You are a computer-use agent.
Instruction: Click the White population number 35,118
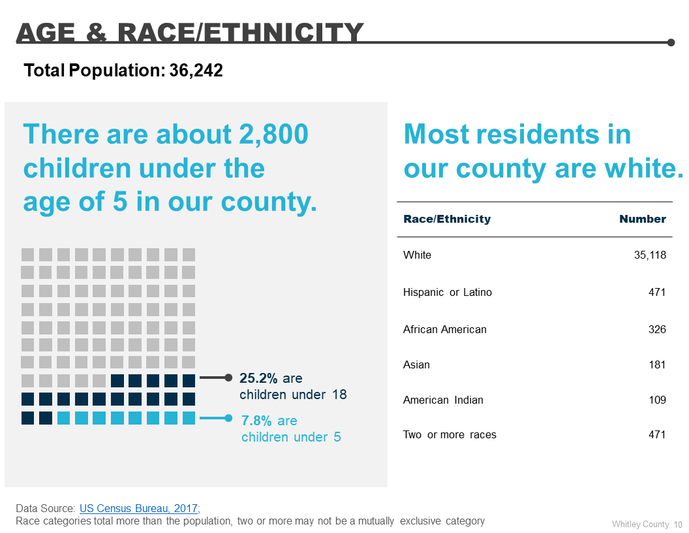[x=650, y=255]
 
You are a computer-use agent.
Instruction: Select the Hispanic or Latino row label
[x=448, y=292]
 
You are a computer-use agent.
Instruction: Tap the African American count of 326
[x=657, y=329]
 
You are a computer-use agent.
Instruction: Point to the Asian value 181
[x=657, y=364]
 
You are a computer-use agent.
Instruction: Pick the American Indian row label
[x=443, y=400]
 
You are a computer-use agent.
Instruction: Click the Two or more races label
[x=450, y=434]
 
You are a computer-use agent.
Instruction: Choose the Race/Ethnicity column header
[x=447, y=219]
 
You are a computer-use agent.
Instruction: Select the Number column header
[x=643, y=219]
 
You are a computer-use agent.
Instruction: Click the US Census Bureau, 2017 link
[x=139, y=508]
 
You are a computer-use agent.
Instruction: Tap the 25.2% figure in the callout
[x=259, y=378]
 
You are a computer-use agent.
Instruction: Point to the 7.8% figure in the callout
[x=256, y=421]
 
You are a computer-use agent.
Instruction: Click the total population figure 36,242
[x=196, y=71]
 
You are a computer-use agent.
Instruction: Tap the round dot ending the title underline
[x=671, y=42]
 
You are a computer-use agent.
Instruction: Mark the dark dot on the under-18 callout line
[x=228, y=378]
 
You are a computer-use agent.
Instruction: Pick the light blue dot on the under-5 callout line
[x=228, y=418]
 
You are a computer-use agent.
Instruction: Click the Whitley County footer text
[x=641, y=524]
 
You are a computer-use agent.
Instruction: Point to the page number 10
[x=678, y=524]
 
